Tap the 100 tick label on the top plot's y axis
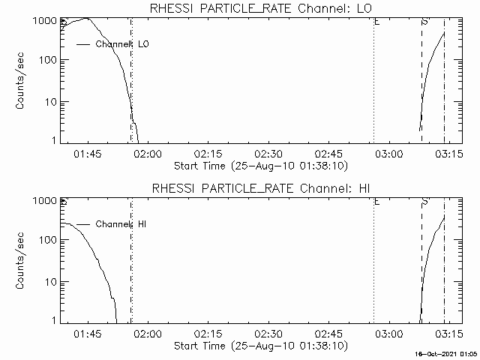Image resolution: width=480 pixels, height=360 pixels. click(x=45, y=61)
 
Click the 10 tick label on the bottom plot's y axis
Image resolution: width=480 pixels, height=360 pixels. click(x=49, y=281)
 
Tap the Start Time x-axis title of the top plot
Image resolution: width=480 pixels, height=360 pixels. click(x=259, y=165)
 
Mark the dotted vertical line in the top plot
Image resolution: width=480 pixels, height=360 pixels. click(x=373, y=82)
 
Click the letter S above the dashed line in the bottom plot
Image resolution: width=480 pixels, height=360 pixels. click(x=424, y=202)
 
